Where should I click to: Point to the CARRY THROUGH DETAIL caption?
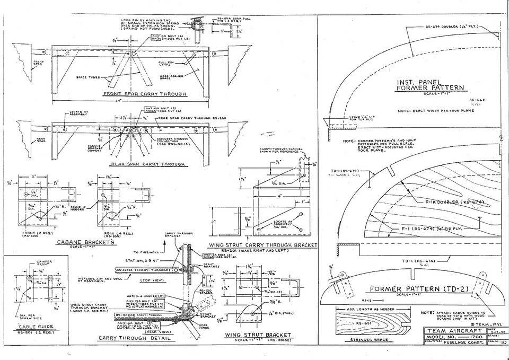pos(134,338)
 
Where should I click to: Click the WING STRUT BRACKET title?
pos(258,335)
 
